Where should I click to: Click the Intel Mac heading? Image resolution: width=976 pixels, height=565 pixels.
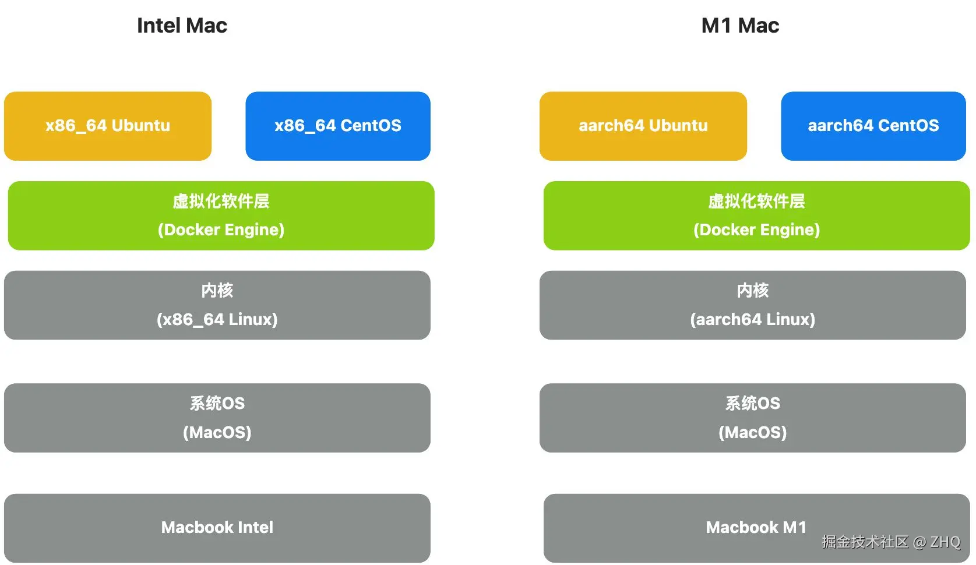pyautogui.click(x=182, y=26)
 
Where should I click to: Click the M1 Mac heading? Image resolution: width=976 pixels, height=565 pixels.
pyautogui.click(x=740, y=26)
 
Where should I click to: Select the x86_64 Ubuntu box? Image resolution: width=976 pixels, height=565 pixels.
pyautogui.click(x=108, y=126)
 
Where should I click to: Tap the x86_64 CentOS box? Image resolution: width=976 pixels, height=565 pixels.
pyautogui.click(x=338, y=126)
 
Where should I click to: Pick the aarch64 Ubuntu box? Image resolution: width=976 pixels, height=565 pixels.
pyautogui.click(x=643, y=126)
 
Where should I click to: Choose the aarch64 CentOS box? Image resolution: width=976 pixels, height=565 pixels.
pyautogui.click(x=873, y=126)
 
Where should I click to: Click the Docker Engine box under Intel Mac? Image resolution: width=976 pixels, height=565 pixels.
pyautogui.click(x=221, y=216)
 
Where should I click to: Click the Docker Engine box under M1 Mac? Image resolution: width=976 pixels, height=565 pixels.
pyautogui.click(x=756, y=216)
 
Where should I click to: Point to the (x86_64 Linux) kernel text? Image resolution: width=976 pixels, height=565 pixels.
pyautogui.click(x=217, y=320)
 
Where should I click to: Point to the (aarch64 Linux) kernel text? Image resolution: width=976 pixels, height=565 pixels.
pyautogui.click(x=753, y=320)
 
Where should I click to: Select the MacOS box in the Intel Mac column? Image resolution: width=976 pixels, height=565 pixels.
pyautogui.click(x=217, y=418)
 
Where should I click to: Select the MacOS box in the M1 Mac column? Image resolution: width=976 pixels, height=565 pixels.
pyautogui.click(x=753, y=418)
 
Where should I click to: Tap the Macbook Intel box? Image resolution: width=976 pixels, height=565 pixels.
pyautogui.click(x=217, y=528)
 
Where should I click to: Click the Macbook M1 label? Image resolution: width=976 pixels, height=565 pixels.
pyautogui.click(x=756, y=528)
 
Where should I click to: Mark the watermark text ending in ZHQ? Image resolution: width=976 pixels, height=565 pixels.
pyautogui.click(x=890, y=542)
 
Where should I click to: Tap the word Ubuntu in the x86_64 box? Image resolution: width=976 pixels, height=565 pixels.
pyautogui.click(x=141, y=126)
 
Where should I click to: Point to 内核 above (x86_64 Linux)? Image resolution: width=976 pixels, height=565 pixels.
pyautogui.click(x=217, y=291)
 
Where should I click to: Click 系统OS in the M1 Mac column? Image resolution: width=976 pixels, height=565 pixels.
pyautogui.click(x=753, y=404)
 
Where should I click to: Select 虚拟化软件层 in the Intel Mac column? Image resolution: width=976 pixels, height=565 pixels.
pyautogui.click(x=221, y=202)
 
